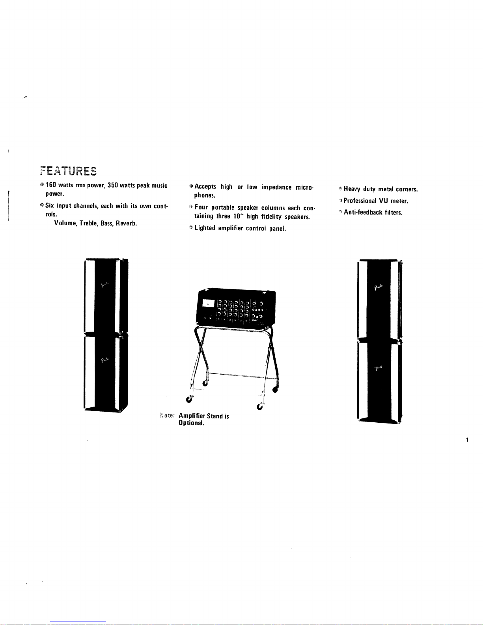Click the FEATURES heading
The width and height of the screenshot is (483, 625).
68,172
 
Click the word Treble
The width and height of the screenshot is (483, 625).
88,223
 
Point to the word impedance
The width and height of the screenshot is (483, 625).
276,187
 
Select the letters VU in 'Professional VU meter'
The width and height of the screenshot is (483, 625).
384,201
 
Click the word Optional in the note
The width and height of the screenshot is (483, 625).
191,423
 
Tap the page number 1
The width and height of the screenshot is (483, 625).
467,440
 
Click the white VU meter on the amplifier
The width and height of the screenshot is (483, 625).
208,303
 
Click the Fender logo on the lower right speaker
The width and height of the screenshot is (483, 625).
379,368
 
